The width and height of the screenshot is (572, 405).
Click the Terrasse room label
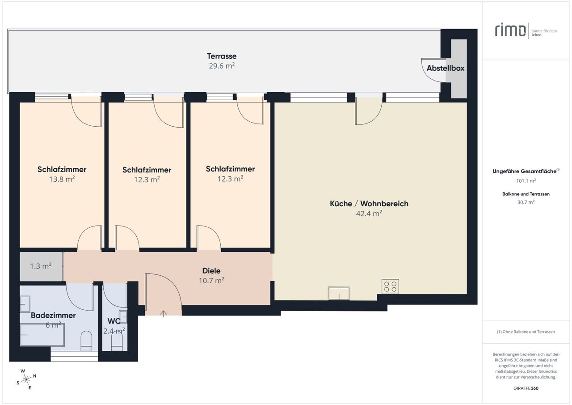222,56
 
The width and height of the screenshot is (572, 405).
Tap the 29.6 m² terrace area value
222,66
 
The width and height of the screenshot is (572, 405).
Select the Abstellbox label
446,68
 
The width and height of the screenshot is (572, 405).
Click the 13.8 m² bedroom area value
62,179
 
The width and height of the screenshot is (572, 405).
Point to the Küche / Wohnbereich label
369,204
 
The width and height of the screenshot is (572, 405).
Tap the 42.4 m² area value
369,213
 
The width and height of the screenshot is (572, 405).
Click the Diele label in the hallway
211,270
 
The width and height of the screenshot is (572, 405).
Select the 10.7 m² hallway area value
211,281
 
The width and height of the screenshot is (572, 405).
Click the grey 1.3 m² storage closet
41,266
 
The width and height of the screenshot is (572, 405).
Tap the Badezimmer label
53,315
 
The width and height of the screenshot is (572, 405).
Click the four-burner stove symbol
390,286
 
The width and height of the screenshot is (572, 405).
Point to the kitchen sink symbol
339,293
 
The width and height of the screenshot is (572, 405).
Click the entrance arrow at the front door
164,314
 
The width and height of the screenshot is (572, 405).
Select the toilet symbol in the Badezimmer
86,341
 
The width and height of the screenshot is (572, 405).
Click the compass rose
26,379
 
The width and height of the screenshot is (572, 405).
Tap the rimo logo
510,30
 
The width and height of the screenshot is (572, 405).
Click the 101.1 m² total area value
526,181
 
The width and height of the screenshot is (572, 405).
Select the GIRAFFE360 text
526,388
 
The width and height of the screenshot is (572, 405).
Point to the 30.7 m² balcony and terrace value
526,202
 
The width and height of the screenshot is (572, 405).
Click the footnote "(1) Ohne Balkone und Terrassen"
526,332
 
